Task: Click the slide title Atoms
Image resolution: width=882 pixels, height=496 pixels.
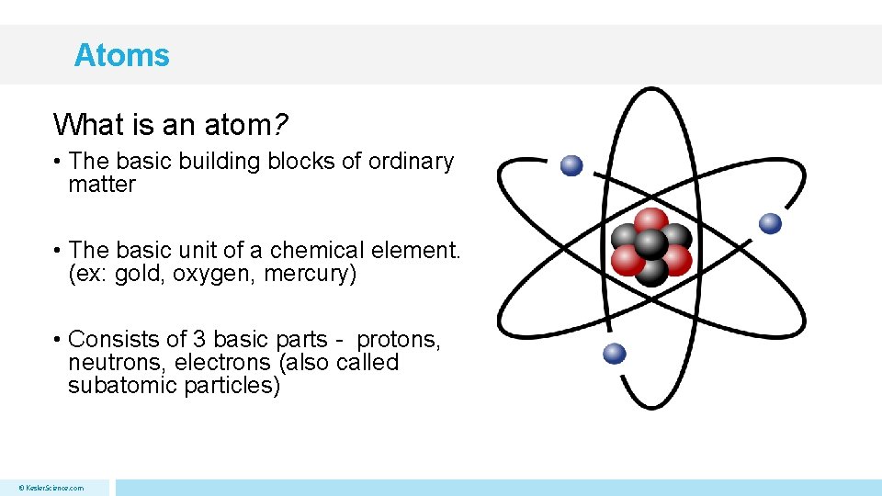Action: click(121, 55)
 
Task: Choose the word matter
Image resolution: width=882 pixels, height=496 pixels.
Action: click(101, 185)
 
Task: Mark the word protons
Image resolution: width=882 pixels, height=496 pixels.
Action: click(399, 340)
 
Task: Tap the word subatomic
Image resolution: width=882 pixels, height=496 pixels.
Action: click(122, 386)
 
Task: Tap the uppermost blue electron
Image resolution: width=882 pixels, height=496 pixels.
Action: click(571, 165)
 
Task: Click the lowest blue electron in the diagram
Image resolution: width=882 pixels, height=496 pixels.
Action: click(615, 354)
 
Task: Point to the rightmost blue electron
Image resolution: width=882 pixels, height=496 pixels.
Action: click(771, 223)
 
